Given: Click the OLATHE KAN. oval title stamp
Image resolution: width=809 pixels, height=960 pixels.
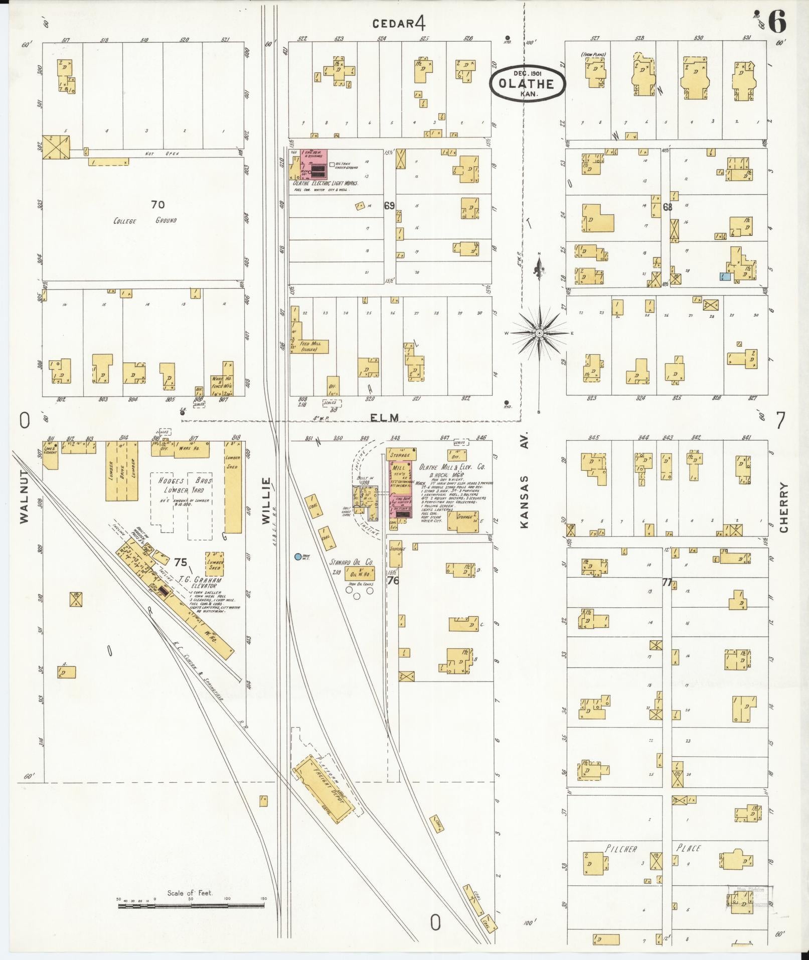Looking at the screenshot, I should pos(528,83).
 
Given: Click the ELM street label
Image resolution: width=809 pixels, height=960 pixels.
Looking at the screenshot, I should pos(386,417).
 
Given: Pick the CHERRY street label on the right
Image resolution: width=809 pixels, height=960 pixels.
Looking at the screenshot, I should pos(784,507).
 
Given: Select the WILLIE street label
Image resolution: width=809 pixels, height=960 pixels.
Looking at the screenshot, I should pos(266,501).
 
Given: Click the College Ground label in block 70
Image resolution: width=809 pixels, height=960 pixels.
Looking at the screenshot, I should pos(145,220).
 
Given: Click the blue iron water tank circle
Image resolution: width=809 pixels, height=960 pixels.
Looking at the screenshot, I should pos(298,557).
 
